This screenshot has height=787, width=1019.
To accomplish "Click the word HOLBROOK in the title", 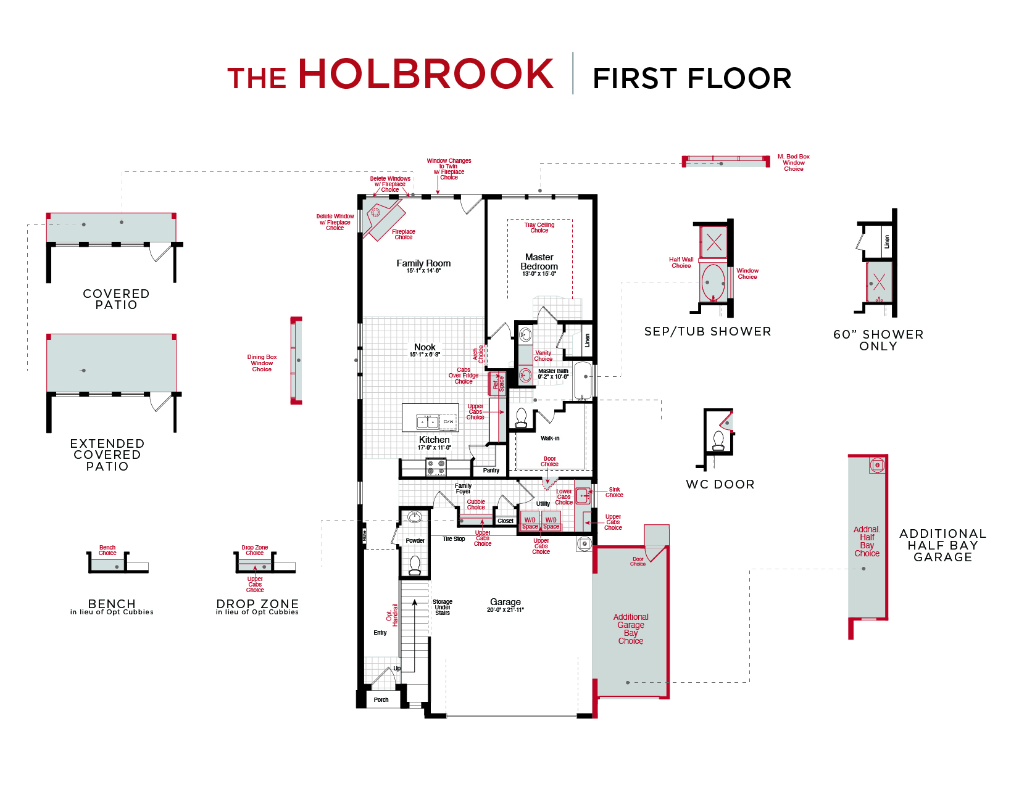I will pyautogui.click(x=426, y=74).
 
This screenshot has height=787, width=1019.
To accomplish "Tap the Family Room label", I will pyautogui.click(x=423, y=263).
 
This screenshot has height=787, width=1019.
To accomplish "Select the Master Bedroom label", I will pyautogui.click(x=539, y=262).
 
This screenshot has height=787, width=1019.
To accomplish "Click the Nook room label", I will pyautogui.click(x=425, y=347).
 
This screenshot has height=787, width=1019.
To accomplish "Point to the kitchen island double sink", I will pyautogui.click(x=427, y=422).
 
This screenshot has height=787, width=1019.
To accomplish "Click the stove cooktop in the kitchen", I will pyautogui.click(x=436, y=467).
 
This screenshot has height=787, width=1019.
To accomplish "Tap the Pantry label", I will pyautogui.click(x=491, y=471).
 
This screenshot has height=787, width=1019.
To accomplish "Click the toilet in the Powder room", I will pyautogui.click(x=415, y=564).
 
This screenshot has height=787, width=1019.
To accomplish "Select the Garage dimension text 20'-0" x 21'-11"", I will pyautogui.click(x=505, y=610).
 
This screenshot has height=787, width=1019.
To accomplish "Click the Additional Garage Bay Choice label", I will pyautogui.click(x=630, y=628).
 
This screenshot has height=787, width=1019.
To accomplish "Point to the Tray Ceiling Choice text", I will pyautogui.click(x=539, y=228).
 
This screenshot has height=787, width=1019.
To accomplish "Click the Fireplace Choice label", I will pyautogui.click(x=404, y=234).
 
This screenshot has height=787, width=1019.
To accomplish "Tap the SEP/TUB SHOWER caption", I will pyautogui.click(x=707, y=331).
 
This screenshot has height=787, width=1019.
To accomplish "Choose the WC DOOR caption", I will pyautogui.click(x=720, y=484).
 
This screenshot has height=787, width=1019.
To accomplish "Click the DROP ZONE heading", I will pyautogui.click(x=257, y=604).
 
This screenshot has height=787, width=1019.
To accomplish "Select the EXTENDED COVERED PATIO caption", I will pyautogui.click(x=107, y=455).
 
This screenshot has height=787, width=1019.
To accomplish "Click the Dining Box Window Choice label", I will pyautogui.click(x=262, y=363).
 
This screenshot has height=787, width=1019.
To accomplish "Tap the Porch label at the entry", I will pyautogui.click(x=381, y=700).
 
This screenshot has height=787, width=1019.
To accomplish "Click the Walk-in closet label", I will pyautogui.click(x=550, y=439).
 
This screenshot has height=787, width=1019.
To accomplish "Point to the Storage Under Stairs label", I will pyautogui.click(x=443, y=607).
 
